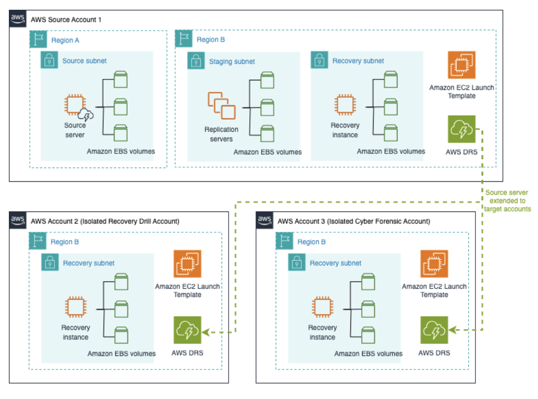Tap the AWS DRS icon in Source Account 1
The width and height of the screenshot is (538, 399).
(461, 129)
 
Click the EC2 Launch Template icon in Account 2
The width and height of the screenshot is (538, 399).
(187, 264)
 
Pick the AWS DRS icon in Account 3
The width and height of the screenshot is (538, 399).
(434, 330)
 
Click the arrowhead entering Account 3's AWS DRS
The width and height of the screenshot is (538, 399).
(451, 330)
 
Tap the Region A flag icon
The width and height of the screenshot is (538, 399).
(39, 39)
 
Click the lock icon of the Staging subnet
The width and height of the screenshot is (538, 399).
(196, 61)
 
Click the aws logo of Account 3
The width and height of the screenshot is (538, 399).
(265, 220)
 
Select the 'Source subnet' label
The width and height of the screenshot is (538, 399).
(84, 61)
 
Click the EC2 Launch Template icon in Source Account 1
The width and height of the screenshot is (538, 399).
(461, 65)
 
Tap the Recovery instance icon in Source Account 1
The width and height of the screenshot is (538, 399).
(344, 105)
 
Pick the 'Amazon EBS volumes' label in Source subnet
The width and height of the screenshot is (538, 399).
(121, 151)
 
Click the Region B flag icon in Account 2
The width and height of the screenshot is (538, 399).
(38, 242)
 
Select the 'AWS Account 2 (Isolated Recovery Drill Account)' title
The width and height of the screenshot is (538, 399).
(105, 221)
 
